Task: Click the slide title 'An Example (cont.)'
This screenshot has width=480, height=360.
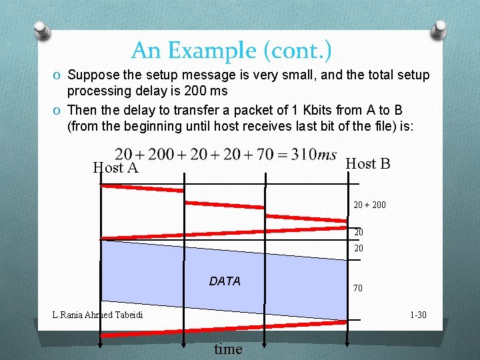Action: (x=231, y=50)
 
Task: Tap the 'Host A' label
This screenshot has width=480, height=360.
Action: (x=115, y=168)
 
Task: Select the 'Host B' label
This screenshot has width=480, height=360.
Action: (x=367, y=164)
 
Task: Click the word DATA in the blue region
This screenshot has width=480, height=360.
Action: (x=225, y=281)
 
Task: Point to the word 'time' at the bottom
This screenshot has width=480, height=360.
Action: (x=228, y=349)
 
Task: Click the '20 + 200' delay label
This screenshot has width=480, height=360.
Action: (x=369, y=205)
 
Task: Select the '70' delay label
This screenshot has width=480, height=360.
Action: (x=358, y=289)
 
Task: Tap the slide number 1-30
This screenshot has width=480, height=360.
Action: (x=418, y=315)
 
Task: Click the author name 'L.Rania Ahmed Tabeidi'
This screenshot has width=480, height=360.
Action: (x=97, y=315)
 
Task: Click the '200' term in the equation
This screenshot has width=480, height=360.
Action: (x=161, y=155)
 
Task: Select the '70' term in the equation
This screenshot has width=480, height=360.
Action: (x=265, y=155)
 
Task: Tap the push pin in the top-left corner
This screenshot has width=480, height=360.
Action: (x=43, y=30)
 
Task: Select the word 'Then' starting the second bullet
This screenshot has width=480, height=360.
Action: (x=82, y=109)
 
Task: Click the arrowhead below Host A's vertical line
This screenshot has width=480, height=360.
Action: (x=100, y=343)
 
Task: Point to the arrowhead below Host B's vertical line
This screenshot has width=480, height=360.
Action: (x=347, y=343)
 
